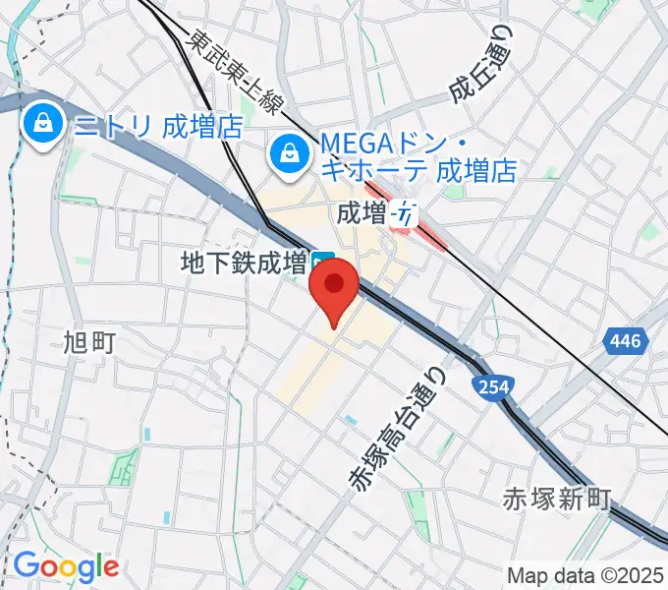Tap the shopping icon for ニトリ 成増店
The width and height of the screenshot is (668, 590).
(44, 124)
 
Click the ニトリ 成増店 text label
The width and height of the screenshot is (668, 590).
(159, 125)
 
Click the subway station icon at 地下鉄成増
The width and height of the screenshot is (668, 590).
(324, 263)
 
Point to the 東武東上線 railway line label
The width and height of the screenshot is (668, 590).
(236, 71)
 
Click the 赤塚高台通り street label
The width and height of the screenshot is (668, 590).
(399, 424)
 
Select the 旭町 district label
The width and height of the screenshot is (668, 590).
(89, 341)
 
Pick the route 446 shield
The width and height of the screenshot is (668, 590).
(624, 341)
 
